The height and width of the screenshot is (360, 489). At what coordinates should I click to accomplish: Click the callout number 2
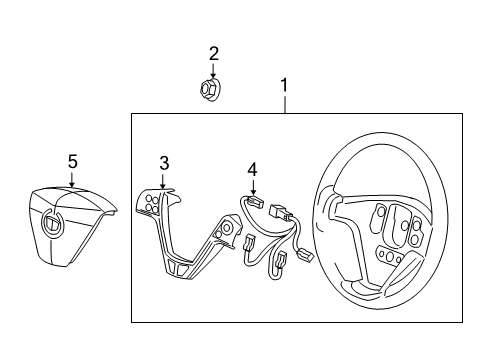213,53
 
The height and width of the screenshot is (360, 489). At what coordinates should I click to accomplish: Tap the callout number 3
164,162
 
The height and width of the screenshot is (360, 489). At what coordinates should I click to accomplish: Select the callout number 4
253,171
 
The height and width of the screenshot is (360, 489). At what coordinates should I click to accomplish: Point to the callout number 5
71,160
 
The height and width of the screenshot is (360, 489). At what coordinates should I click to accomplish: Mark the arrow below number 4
253,189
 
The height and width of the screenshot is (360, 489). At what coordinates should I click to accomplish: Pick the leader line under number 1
285,105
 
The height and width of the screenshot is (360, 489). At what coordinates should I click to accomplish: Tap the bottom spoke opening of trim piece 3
180,271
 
